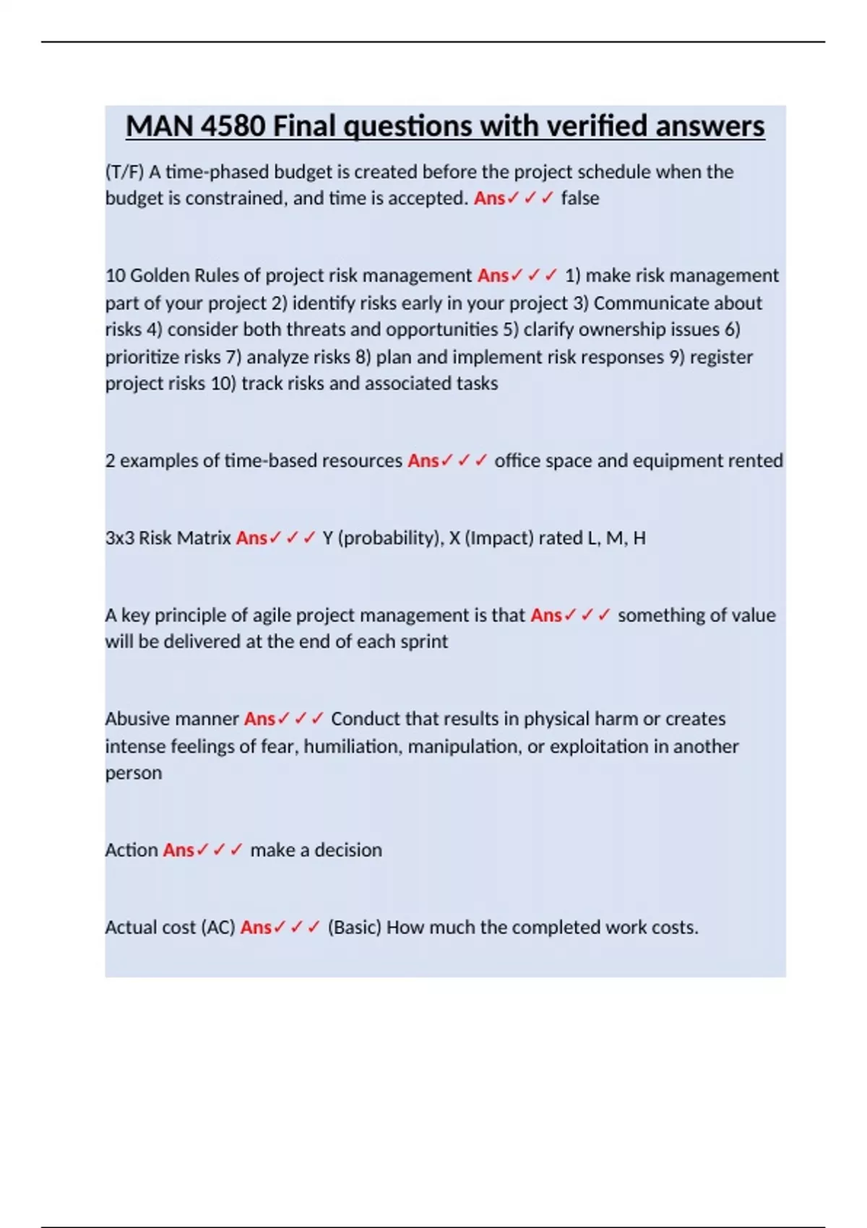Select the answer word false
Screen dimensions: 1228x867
point(580,198)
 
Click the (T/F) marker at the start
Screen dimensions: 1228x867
point(125,172)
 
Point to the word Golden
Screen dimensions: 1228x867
point(160,275)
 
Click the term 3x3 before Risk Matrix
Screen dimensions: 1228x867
point(119,537)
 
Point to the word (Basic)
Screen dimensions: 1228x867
point(354,927)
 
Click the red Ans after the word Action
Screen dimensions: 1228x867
point(178,849)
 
